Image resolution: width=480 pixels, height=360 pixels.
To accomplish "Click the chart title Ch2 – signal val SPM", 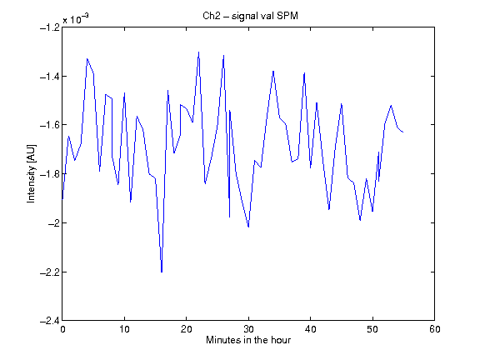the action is [x=250, y=16].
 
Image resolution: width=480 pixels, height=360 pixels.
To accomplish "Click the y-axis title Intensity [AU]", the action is [x=31, y=173].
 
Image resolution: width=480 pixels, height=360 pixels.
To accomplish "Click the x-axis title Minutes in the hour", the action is [x=248, y=340].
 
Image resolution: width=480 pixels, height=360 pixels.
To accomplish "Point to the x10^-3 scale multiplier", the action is [x=76, y=19].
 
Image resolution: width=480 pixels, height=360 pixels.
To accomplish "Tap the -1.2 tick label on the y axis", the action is [x=50, y=27].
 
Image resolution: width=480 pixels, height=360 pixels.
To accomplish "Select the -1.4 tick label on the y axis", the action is [x=50, y=76].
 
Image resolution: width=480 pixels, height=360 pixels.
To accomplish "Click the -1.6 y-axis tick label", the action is [x=50, y=125].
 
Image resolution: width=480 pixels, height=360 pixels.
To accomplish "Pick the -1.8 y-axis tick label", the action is [x=50, y=174].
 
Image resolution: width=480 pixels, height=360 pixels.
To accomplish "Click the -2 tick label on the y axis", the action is [x=53, y=222].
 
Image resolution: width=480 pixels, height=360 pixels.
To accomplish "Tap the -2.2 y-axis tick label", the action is [x=50, y=272].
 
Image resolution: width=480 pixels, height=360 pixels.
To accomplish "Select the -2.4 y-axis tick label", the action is [x=50, y=321].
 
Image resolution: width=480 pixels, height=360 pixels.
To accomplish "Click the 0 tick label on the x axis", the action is [x=62, y=329].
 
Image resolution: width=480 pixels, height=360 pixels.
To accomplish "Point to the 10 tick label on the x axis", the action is [x=125, y=329].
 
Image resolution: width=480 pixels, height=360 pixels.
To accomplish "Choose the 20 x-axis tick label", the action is [x=187, y=329].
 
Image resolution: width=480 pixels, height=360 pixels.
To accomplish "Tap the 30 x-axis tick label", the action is [x=248, y=329].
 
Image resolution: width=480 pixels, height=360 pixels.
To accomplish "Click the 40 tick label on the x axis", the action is [x=310, y=329].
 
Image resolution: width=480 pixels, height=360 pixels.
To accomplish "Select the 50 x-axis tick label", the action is [x=372, y=329].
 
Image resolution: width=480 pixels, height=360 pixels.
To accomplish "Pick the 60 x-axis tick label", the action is [x=435, y=329].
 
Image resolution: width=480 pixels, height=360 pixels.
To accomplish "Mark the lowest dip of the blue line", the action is [x=162, y=272].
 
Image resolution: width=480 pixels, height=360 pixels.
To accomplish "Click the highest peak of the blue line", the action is [x=198, y=52].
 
